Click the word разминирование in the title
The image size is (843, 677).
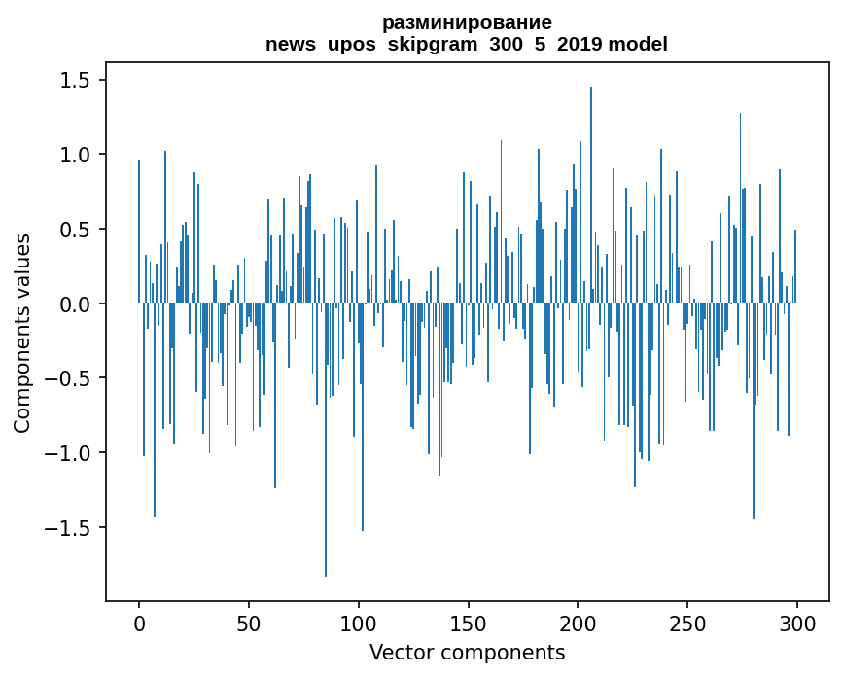(467, 22)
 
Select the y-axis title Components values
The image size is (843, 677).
(22, 333)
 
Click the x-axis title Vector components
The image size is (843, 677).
(467, 652)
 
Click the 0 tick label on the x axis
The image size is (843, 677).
(139, 623)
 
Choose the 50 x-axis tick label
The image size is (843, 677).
(249, 623)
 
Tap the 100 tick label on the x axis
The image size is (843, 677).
(359, 623)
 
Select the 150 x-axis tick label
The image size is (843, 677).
(469, 623)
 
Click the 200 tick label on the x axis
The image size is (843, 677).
(579, 623)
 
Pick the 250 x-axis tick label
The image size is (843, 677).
(687, 623)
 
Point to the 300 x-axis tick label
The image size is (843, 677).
(797, 623)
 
